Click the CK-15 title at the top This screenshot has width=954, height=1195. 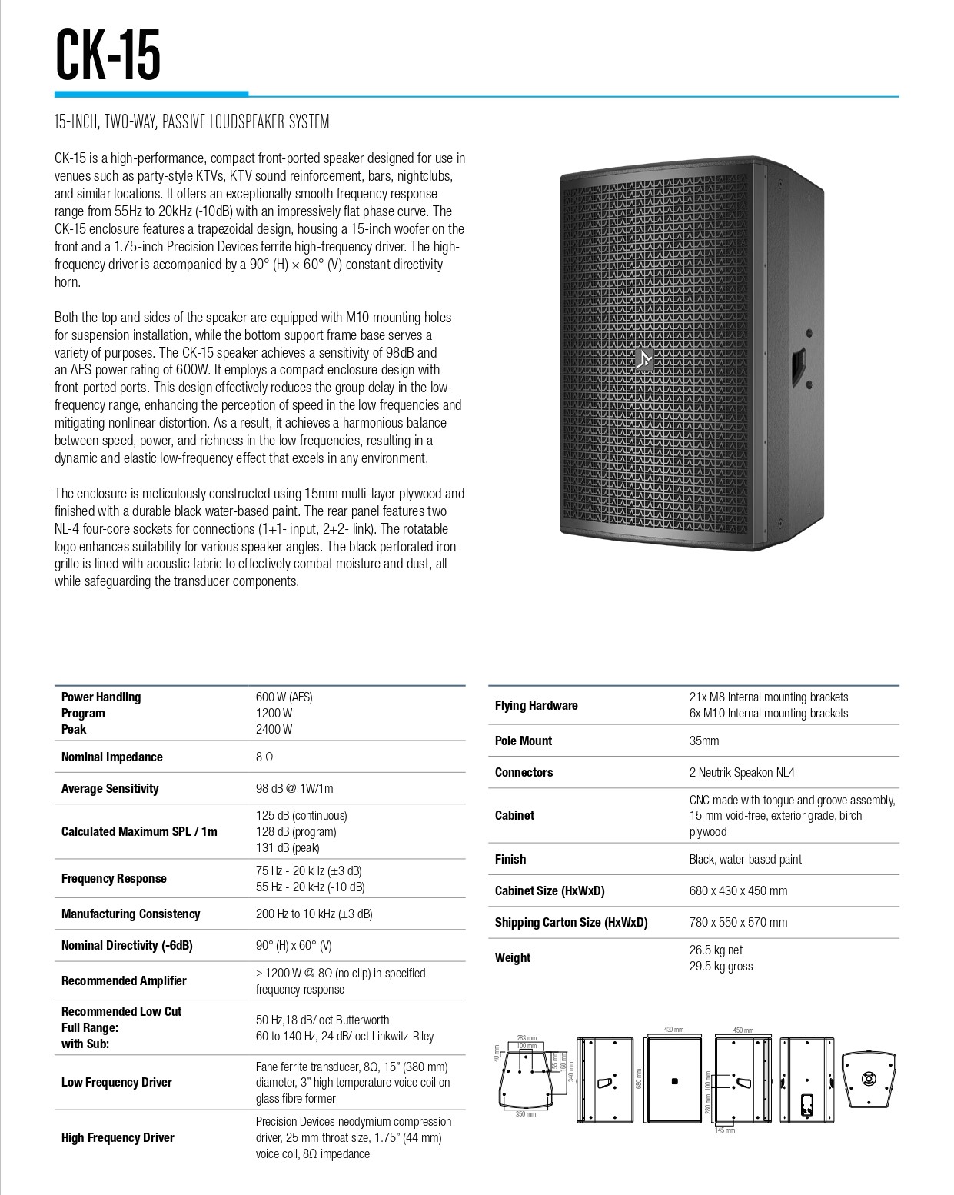coord(108,55)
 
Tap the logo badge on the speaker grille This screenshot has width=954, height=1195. coord(644,360)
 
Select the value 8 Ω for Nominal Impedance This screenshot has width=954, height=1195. coord(264,757)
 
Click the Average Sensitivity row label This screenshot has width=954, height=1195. coord(110,788)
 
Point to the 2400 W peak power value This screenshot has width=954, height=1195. coord(274,729)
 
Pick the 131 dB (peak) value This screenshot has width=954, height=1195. coord(288,847)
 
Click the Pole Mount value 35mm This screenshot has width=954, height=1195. coord(704,741)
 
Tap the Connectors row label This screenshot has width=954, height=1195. coord(524,772)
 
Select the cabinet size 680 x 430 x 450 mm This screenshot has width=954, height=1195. coord(738,890)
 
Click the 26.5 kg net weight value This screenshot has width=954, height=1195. coord(716,950)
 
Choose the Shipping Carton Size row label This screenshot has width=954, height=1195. coord(570,922)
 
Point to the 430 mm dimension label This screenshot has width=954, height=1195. coord(673,1030)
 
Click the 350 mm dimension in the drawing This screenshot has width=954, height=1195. coord(526,1114)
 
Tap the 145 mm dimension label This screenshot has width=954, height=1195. coord(725,1130)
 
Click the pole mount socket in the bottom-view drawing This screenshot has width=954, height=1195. coord(869,1079)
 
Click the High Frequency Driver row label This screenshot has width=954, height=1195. coord(118,1137)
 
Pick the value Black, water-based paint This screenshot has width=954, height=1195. coord(745,859)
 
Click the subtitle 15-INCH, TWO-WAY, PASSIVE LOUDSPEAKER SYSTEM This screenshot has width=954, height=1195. coord(191,121)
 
